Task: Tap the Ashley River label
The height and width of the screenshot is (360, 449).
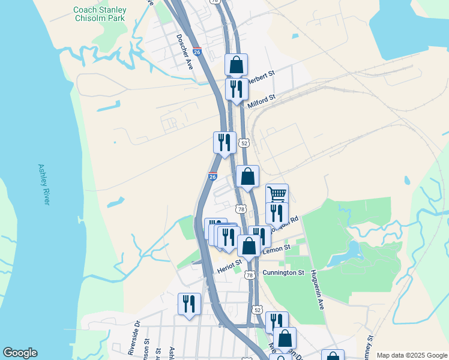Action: pyautogui.click(x=43, y=184)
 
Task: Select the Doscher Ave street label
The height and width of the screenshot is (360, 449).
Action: pyautogui.click(x=184, y=51)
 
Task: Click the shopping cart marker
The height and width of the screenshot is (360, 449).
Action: pyautogui.click(x=277, y=194)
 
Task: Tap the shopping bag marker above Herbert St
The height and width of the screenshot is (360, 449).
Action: pyautogui.click(x=237, y=65)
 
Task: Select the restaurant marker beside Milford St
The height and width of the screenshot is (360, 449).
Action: pyautogui.click(x=237, y=89)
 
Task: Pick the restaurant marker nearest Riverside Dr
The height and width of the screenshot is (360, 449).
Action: pyautogui.click(x=189, y=304)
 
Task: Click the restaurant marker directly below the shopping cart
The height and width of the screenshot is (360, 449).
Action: pyautogui.click(x=277, y=213)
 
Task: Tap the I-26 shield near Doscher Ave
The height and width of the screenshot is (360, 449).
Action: pyautogui.click(x=197, y=53)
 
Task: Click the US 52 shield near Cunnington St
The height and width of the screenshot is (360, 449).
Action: pyautogui.click(x=258, y=309)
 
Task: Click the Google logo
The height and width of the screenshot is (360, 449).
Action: pyautogui.click(x=20, y=353)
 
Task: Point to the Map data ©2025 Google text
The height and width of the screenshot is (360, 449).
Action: pyautogui.click(x=411, y=355)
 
